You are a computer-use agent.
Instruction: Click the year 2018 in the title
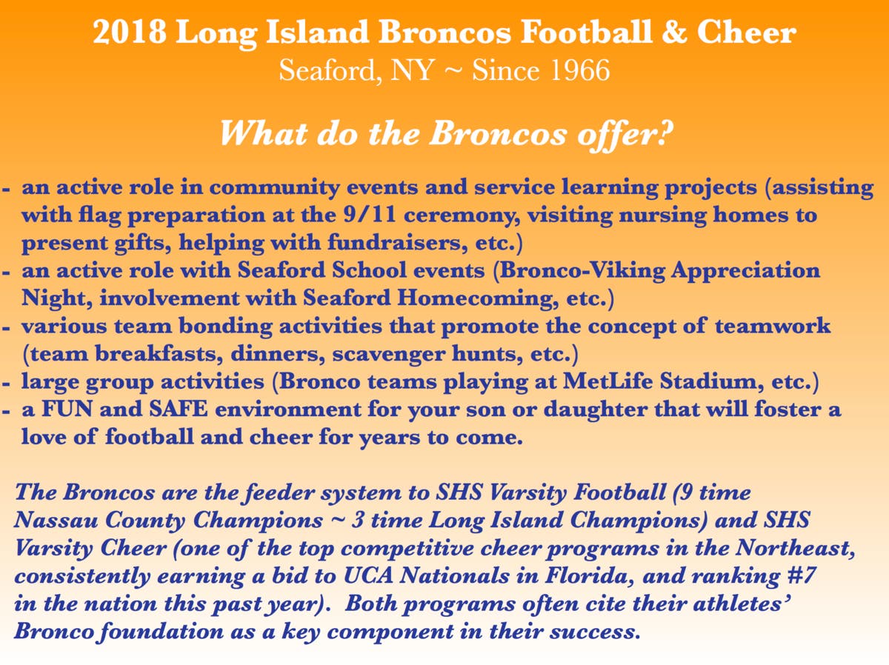130,32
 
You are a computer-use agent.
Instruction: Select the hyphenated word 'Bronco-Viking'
582,270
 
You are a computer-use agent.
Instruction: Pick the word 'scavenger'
388,355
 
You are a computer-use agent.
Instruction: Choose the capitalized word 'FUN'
67,410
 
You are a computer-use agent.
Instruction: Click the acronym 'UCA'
368,575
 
